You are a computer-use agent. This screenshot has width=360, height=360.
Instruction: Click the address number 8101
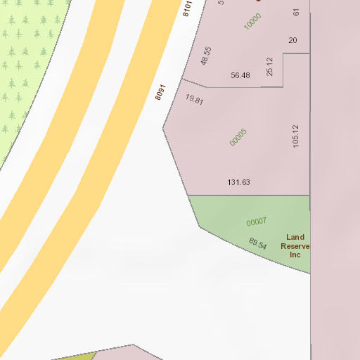click(187, 8)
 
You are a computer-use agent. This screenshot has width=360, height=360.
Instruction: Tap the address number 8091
click(160, 92)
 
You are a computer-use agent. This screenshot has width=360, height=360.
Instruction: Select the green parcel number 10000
click(252, 21)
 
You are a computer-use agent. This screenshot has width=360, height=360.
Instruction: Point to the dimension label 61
click(297, 12)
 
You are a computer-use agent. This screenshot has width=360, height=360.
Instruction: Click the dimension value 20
click(292, 40)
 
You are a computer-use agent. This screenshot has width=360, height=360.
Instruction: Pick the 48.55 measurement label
click(205, 56)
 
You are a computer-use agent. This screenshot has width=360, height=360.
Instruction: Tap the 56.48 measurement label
click(240, 75)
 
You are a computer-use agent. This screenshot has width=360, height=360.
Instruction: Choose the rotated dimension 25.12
click(269, 67)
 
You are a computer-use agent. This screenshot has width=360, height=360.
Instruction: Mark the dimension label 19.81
click(194, 99)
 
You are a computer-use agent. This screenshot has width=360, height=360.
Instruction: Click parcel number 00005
click(238, 136)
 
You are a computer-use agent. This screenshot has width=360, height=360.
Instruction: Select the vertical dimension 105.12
click(296, 136)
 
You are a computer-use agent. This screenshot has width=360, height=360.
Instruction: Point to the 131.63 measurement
click(239, 182)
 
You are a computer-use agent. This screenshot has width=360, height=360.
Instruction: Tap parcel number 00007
click(257, 221)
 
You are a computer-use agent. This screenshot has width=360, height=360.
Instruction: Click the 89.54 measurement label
click(258, 244)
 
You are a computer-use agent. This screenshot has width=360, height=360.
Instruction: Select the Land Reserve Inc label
click(295, 246)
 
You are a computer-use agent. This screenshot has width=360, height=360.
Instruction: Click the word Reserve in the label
click(295, 246)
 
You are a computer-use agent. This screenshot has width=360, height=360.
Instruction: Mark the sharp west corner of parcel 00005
click(163, 129)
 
